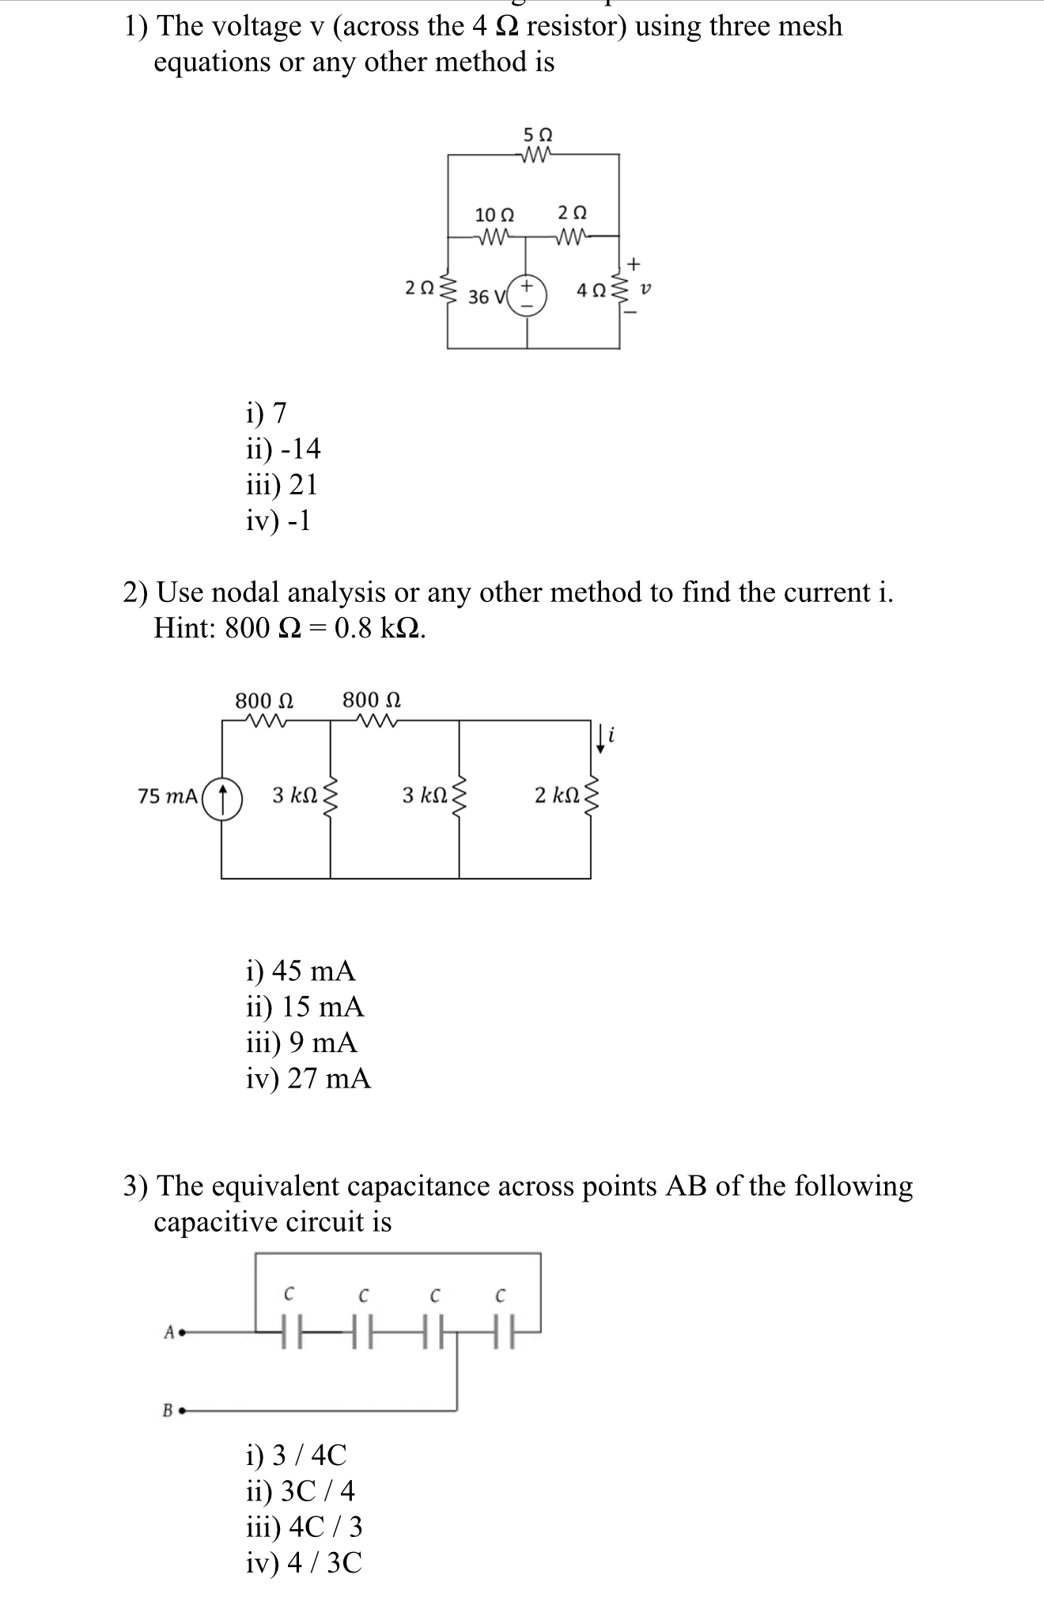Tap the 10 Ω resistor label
click(x=494, y=214)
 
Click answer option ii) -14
click(x=283, y=449)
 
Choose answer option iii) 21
click(x=282, y=484)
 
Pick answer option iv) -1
click(x=278, y=520)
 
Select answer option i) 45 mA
click(x=301, y=970)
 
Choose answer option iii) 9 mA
click(x=301, y=1043)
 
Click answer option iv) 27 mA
click(x=308, y=1078)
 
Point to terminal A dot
click(x=181, y=1332)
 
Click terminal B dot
click(x=181, y=1410)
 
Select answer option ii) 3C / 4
click(x=300, y=1491)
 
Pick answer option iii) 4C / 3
click(x=304, y=1527)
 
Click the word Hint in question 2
click(x=183, y=627)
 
